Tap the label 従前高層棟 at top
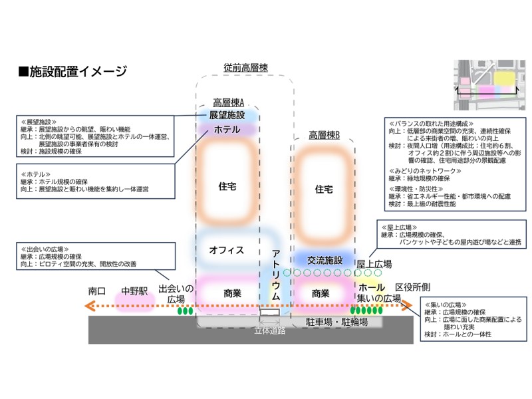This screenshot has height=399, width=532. [x=245, y=68]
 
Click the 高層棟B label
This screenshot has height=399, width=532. [x=324, y=135]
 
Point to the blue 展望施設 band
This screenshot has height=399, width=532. [x=227, y=116]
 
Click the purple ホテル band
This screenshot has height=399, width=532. [x=227, y=130]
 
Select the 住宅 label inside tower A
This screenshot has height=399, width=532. [x=227, y=186]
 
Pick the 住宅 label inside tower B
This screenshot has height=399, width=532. [x=324, y=190]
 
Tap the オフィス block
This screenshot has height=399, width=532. [x=227, y=251]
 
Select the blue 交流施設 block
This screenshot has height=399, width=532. [x=324, y=260]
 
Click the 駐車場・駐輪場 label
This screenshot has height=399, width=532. [x=336, y=322]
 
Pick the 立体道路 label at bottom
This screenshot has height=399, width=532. [x=270, y=331]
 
